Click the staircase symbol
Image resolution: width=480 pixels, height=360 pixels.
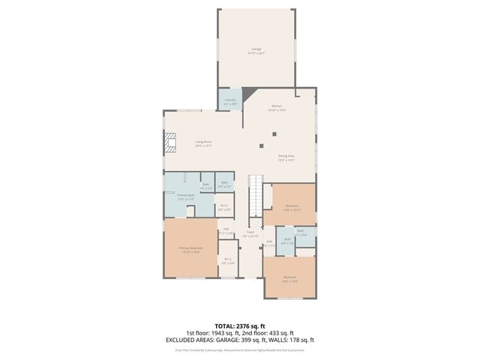256,193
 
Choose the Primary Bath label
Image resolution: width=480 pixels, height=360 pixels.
186,197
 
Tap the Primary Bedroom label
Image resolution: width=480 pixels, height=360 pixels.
190,250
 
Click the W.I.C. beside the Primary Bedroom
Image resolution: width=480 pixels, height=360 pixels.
228,262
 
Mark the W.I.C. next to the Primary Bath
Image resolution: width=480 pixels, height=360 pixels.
223,208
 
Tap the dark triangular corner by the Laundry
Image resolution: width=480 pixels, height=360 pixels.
245,95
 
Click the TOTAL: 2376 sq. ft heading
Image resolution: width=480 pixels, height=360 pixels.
239,325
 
